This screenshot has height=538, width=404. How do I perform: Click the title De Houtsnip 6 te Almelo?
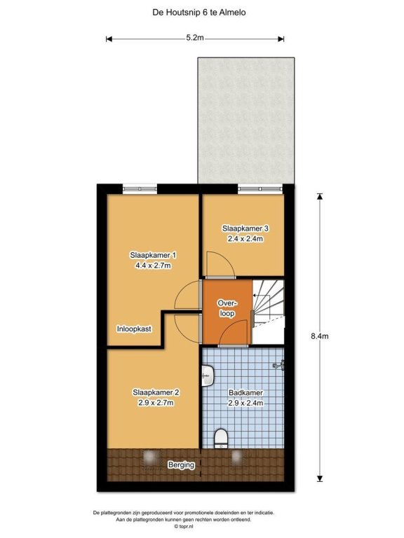[x=199, y=13]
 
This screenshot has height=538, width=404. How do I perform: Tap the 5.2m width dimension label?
[x=195, y=38]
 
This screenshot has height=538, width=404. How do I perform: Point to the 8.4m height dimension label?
[x=320, y=336]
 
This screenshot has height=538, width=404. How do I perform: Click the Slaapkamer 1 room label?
[x=153, y=255]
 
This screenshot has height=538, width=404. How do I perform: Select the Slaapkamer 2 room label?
[x=156, y=392]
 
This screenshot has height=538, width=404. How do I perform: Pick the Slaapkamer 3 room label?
[x=245, y=228]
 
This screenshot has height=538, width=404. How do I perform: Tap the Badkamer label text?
[x=245, y=392]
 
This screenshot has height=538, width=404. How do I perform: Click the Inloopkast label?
[x=134, y=329]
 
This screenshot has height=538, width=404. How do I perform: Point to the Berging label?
[x=181, y=465]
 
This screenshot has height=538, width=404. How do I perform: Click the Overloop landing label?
[x=227, y=308]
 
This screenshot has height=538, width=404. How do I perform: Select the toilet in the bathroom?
[x=221, y=439]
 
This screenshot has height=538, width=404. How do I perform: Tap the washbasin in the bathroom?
[x=208, y=375]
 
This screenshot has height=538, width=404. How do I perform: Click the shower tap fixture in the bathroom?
[x=279, y=365]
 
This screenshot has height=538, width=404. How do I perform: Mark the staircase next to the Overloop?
[x=269, y=312]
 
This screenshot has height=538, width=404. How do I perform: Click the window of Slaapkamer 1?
[x=140, y=188]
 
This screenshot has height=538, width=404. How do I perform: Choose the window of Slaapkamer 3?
[x=260, y=188]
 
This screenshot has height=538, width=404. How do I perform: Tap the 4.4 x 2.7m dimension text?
[x=153, y=265]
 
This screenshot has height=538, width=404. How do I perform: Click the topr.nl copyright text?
[x=184, y=526]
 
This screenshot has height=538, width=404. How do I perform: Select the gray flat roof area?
[x=246, y=120]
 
